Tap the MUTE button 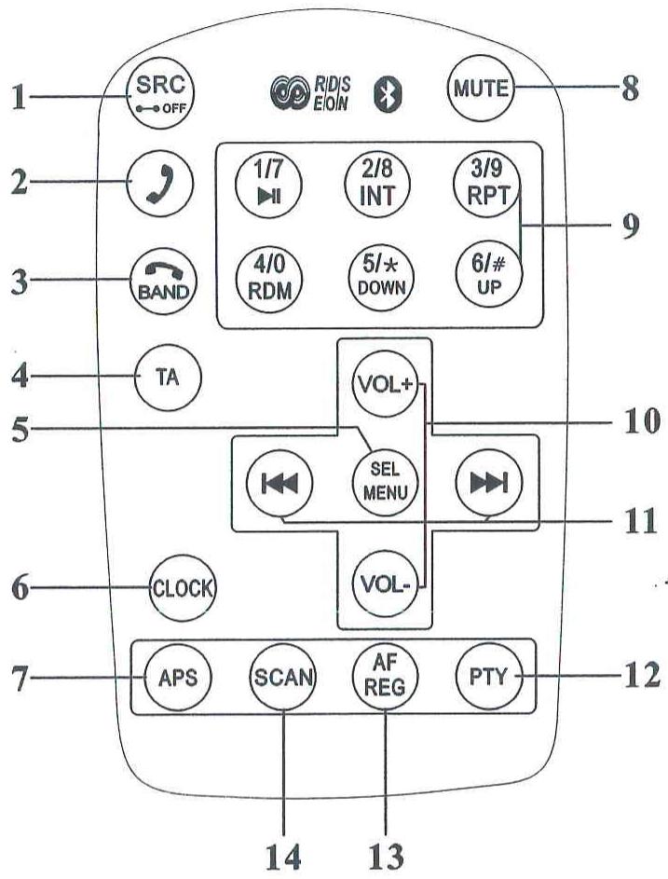[481, 88]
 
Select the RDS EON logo [310, 92]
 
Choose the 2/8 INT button [377, 184]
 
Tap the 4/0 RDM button [269, 280]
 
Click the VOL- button [386, 584]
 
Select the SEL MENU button [386, 482]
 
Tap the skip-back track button [279, 483]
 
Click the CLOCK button [183, 588]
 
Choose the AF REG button [385, 676]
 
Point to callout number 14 [283, 856]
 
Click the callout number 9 [631, 227]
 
